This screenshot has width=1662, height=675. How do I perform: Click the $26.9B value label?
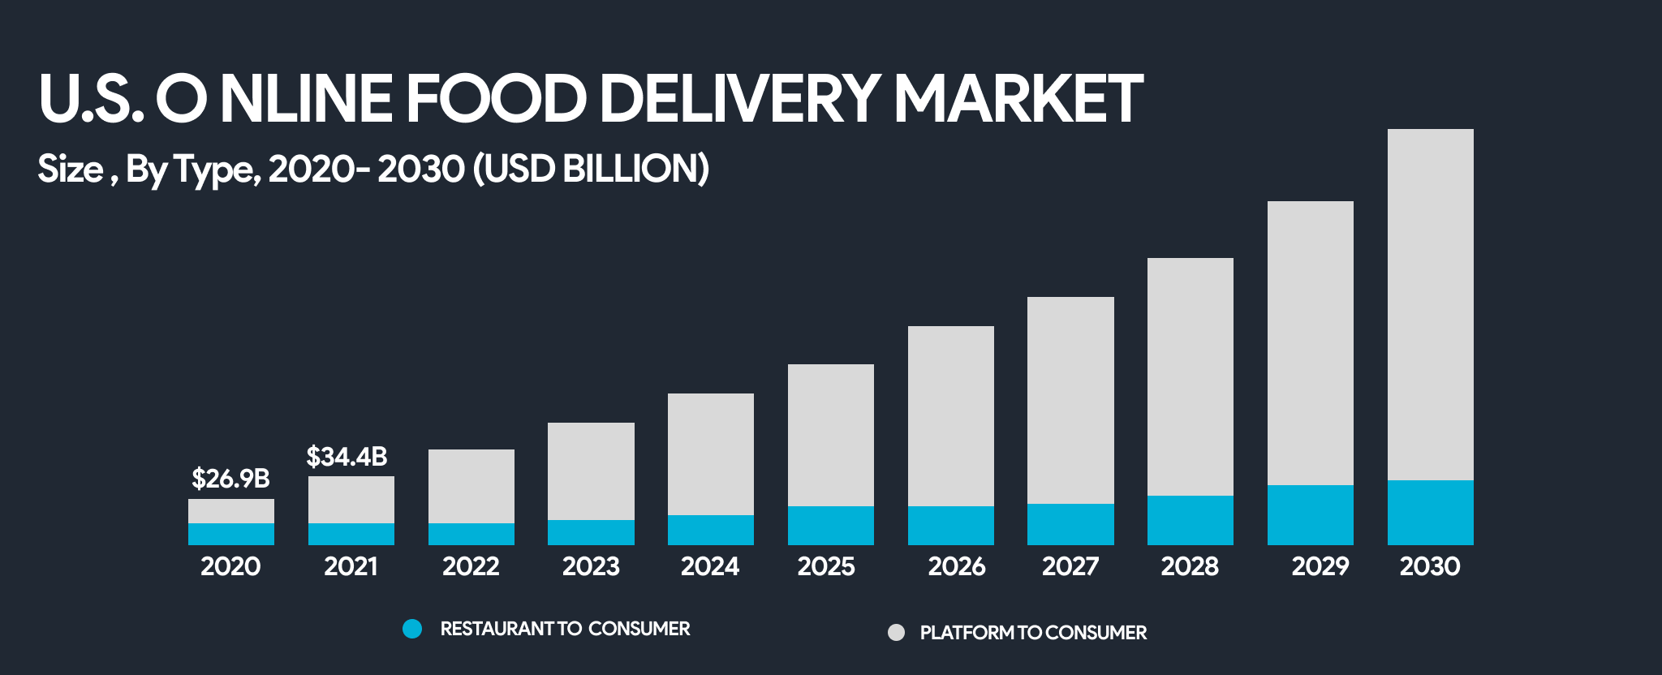pyautogui.click(x=230, y=479)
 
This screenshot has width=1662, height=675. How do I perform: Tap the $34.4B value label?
pyautogui.click(x=347, y=457)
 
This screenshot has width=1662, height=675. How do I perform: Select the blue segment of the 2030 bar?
pyautogui.click(x=1430, y=512)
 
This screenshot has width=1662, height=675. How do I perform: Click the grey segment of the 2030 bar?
pyautogui.click(x=1430, y=304)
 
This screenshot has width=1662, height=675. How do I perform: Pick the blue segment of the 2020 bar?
pyautogui.click(x=231, y=534)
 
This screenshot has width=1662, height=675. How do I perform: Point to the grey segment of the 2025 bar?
pyautogui.click(x=830, y=435)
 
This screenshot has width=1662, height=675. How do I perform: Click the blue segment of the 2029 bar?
pyautogui.click(x=1310, y=514)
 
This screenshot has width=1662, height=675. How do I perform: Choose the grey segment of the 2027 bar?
pyautogui.click(x=1070, y=400)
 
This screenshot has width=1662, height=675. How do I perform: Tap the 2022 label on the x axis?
pyautogui.click(x=471, y=566)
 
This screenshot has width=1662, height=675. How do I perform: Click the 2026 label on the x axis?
pyautogui.click(x=956, y=566)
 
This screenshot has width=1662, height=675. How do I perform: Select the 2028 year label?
pyautogui.click(x=1190, y=566)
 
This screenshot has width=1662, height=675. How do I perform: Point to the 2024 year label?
pyautogui.click(x=710, y=566)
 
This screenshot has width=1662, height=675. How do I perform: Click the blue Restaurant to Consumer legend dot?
pyautogui.click(x=412, y=629)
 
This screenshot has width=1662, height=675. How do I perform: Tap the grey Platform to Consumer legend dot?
pyautogui.click(x=896, y=633)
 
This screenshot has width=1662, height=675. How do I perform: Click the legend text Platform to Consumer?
pyautogui.click(x=1033, y=633)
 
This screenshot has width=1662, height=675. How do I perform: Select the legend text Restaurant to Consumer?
pyautogui.click(x=565, y=629)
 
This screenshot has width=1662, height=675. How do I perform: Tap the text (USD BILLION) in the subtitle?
pyautogui.click(x=591, y=169)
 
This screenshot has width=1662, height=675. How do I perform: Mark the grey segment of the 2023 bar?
pyautogui.click(x=591, y=471)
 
